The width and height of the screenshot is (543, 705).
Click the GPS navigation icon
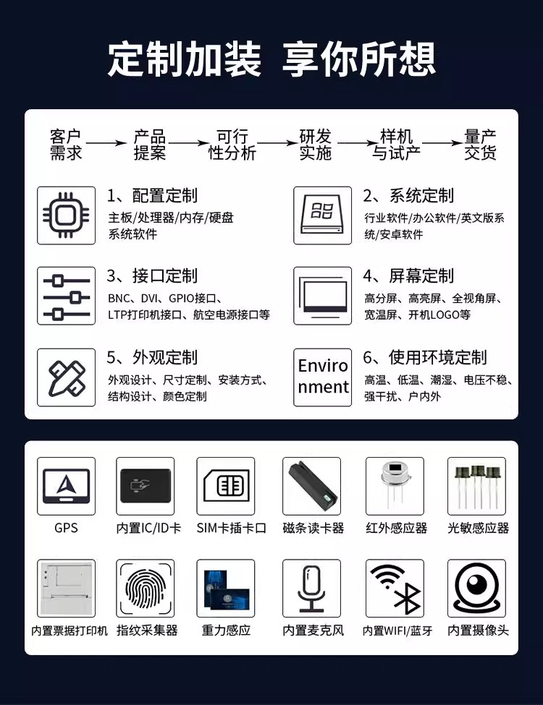tap(66, 485)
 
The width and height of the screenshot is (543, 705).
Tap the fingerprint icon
tap(146, 587)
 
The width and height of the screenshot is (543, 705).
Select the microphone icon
tap(311, 587)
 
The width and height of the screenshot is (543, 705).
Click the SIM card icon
tap(225, 485)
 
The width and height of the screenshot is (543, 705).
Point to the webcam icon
tap(476, 587)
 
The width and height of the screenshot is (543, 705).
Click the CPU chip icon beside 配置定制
tap(66, 215)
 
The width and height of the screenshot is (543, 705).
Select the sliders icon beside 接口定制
tap(66, 296)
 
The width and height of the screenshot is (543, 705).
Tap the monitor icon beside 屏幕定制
tap(323, 296)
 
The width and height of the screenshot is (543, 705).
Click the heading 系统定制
tap(408, 196)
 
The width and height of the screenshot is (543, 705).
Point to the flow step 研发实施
tap(315, 145)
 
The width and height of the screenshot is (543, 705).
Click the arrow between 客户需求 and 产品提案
tap(106, 144)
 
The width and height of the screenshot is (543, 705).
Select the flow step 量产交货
tap(481, 145)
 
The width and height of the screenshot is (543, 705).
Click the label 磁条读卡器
tap(313, 528)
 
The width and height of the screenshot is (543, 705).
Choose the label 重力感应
tap(226, 631)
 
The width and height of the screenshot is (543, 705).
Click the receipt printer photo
tap(66, 587)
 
